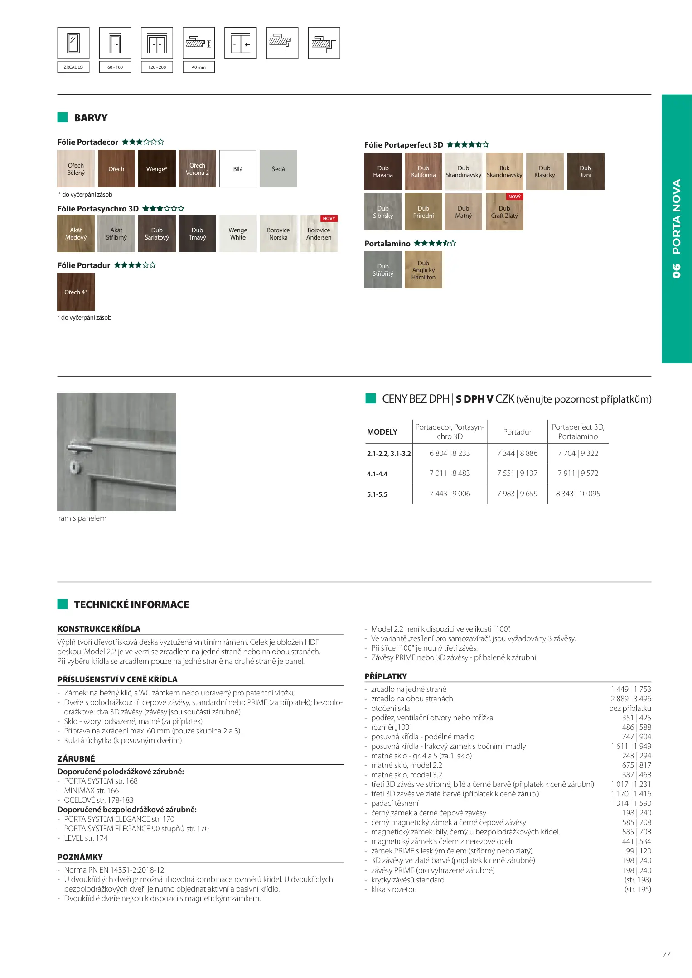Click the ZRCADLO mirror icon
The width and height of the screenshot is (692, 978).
(x=73, y=43)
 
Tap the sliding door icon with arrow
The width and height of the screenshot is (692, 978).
(x=241, y=43)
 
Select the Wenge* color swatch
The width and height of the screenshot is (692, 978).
(x=157, y=169)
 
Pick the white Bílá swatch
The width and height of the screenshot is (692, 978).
(x=238, y=169)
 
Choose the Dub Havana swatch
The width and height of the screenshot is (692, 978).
(x=383, y=171)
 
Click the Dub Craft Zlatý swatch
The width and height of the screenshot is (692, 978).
(x=504, y=212)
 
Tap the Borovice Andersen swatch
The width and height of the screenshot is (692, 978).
(x=319, y=234)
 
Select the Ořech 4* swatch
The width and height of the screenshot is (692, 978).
(x=76, y=292)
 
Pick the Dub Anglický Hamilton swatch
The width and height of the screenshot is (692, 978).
(x=423, y=270)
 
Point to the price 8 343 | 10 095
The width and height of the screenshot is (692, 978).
(x=578, y=494)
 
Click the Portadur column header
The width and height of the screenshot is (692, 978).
(x=517, y=432)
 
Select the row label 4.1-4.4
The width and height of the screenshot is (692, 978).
(x=377, y=474)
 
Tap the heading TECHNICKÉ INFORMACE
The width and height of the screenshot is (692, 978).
(x=131, y=604)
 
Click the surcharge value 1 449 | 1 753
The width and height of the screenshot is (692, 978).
(x=631, y=689)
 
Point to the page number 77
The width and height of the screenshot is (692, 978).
(x=666, y=954)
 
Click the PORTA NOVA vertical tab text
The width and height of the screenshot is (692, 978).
(x=676, y=228)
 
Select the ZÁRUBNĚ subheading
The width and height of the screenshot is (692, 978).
(x=76, y=759)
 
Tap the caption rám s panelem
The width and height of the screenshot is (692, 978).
(x=82, y=518)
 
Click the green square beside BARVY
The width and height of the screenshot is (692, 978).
(x=63, y=118)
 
